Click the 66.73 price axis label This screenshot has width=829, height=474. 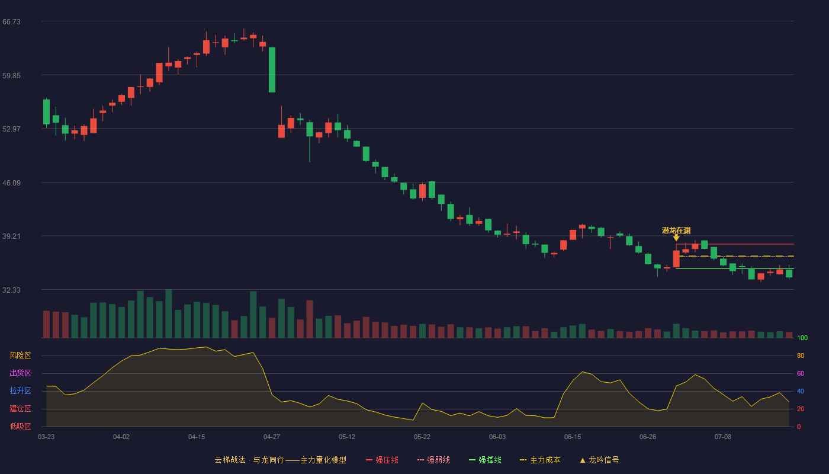[x=11, y=22]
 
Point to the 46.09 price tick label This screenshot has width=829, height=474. [x=11, y=183]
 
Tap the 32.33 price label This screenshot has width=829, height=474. [x=11, y=290]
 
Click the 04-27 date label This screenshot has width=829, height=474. [x=272, y=437]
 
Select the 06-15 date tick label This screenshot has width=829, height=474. [x=573, y=437]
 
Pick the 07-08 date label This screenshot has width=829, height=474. [x=723, y=437]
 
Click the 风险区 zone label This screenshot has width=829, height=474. [x=20, y=355]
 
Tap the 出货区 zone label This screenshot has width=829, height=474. [x=20, y=373]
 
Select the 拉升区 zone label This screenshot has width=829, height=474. [x=20, y=390]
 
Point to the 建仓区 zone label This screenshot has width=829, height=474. [x=20, y=408]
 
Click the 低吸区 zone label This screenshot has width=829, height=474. [x=20, y=426]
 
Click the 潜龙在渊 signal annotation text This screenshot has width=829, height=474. [x=676, y=230]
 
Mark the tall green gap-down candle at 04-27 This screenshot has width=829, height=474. [x=272, y=70]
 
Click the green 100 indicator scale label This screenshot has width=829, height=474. [x=802, y=338]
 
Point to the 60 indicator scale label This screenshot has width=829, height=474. [x=801, y=373]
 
